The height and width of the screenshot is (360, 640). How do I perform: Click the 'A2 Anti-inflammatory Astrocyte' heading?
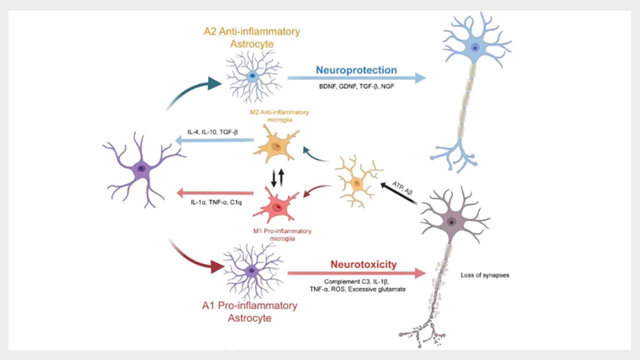pos(253,38)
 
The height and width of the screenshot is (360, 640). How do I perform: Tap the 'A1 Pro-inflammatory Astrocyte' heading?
pos(254,312)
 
